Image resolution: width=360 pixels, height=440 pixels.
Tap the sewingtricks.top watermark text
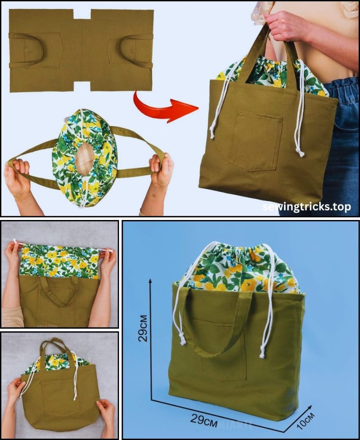pyautogui.click(x=306, y=207)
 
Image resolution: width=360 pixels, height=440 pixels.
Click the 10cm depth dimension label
pyautogui.click(x=305, y=421)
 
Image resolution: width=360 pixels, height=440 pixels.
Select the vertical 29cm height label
pyautogui.click(x=143, y=328)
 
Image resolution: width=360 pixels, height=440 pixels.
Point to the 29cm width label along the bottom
pyautogui.click(x=204, y=420)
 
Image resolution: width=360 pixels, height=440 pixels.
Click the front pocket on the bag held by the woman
pyautogui.click(x=256, y=141)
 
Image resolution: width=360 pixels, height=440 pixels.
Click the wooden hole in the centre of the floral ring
pyautogui.click(x=84, y=159)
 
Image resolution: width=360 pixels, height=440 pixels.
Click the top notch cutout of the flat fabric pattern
pyautogui.click(x=82, y=14)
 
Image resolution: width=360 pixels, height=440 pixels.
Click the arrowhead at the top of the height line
pyautogui.click(x=151, y=281)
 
